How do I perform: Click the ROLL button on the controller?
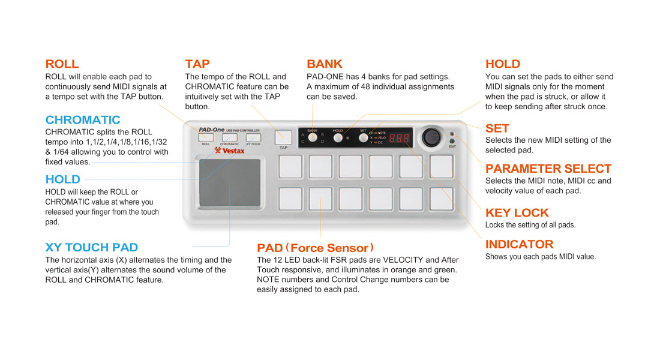(x=206, y=137)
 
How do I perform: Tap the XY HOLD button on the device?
(x=253, y=137)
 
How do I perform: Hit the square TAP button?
(x=283, y=137)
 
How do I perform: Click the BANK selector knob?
(x=313, y=138)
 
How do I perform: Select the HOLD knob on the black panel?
(x=338, y=138)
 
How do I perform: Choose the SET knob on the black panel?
(x=363, y=138)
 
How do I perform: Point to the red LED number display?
(x=400, y=138)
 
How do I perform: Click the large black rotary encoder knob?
(x=431, y=137)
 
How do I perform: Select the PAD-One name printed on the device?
(x=212, y=129)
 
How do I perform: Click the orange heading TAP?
(x=197, y=64)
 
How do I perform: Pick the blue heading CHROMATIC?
(x=83, y=120)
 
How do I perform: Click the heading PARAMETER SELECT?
(x=548, y=169)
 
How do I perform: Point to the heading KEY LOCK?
(x=517, y=212)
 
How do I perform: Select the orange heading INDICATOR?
(x=519, y=244)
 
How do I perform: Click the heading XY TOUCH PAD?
(x=91, y=247)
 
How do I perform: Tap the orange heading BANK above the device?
(x=324, y=64)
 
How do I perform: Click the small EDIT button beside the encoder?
(x=451, y=142)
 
